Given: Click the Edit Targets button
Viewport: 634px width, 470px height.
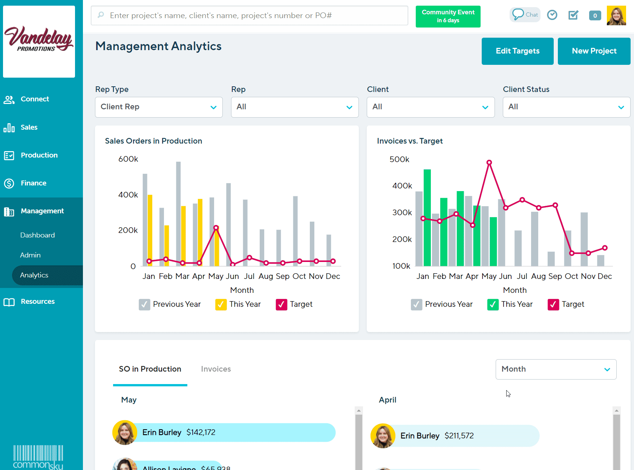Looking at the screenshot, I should tap(517, 51).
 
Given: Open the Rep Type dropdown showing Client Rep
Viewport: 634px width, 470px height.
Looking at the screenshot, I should tap(159, 107).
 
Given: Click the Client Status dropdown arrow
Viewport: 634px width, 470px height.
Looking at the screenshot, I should tap(621, 107).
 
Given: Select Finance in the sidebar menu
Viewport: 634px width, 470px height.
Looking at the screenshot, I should tap(34, 183).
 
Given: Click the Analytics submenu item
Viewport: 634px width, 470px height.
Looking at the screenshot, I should tap(34, 275).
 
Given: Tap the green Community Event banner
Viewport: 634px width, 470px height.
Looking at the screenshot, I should tap(448, 17).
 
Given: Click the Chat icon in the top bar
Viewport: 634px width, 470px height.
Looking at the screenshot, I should tap(525, 15).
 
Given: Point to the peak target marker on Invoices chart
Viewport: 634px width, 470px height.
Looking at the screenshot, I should tap(489, 163).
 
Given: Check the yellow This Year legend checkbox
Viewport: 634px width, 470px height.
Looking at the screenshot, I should tap(221, 305).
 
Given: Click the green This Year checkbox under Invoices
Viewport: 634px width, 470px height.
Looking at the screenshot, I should tap(493, 305).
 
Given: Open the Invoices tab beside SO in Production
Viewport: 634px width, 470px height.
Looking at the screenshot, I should tap(216, 369).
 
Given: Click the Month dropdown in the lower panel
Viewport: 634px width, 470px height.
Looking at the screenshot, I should tap(556, 369).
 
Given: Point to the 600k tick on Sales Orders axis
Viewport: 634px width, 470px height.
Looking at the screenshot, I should tap(128, 159).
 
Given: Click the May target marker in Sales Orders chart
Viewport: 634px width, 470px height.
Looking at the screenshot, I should tap(216, 228).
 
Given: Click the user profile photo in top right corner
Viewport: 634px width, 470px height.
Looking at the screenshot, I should tap(616, 15).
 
